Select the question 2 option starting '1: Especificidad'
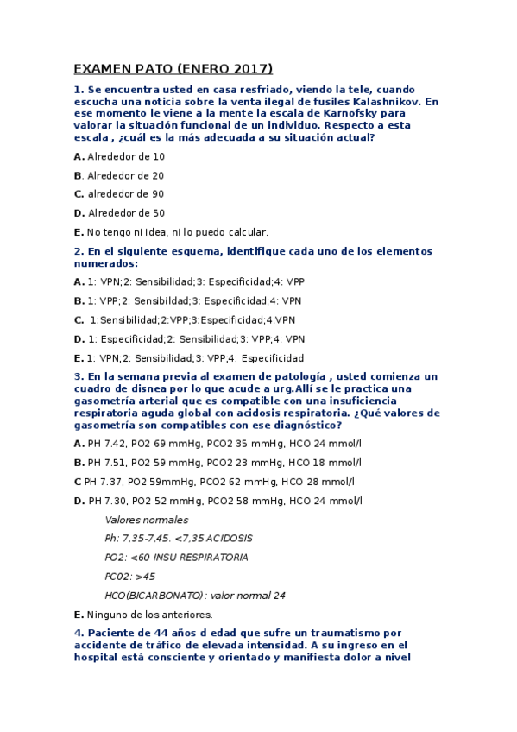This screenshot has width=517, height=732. tap(124, 338)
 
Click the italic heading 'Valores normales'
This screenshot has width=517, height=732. tap(146, 520)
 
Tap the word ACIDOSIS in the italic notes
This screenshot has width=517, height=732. tap(225, 538)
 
